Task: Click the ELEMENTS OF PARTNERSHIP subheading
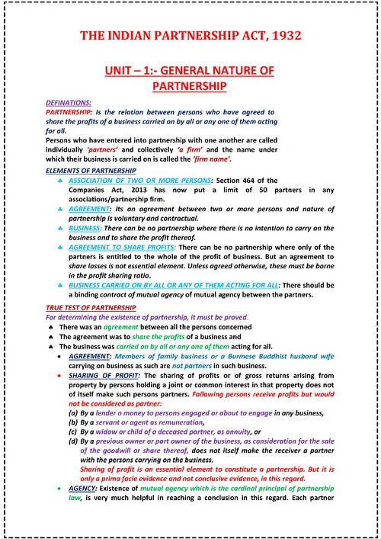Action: click(x=91, y=170)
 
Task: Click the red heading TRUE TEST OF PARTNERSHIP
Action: click(x=91, y=306)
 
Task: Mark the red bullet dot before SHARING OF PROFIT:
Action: click(x=59, y=377)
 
